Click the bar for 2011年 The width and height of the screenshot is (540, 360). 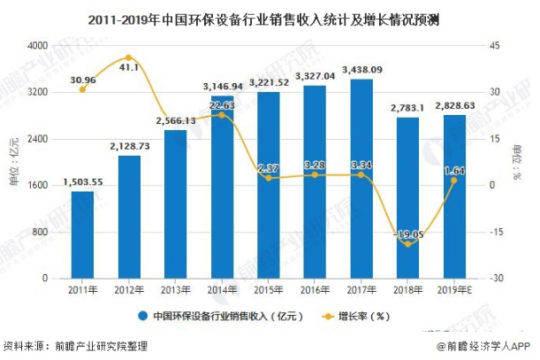point(82,234)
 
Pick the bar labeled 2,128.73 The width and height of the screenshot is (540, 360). point(129,217)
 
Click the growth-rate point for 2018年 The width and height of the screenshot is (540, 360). point(407,244)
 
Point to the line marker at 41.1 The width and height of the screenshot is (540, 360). point(129,58)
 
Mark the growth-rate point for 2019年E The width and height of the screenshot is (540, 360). point(453,180)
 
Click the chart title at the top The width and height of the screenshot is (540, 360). point(270,15)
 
